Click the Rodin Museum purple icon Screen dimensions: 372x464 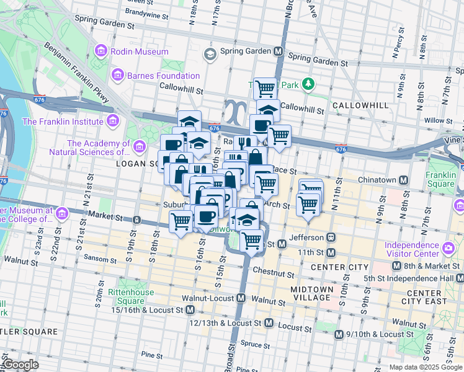pyautogui.click(x=102, y=52)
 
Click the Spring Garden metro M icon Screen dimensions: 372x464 pyautogui.click(x=279, y=51)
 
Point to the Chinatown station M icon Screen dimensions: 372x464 pyautogui.click(x=404, y=180)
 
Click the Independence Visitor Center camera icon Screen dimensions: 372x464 pyautogui.click(x=448, y=248)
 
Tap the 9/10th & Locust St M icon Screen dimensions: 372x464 pyautogui.click(x=339, y=334)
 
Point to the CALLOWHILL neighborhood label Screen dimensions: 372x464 pyautogui.click(x=360, y=105)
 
